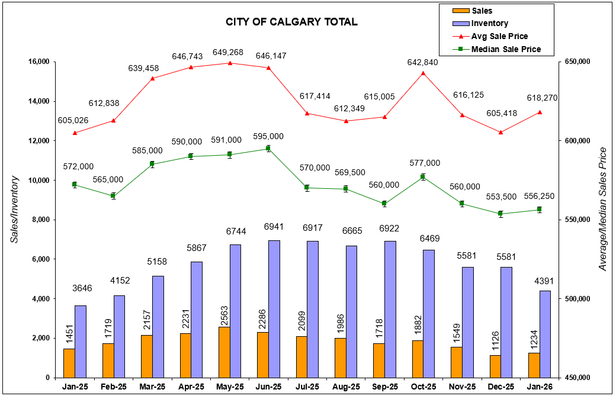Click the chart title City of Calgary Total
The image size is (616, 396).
(x=291, y=22)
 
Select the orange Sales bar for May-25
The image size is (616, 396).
(x=224, y=352)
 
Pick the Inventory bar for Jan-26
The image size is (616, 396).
(x=546, y=334)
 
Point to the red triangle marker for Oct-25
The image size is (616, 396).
(x=423, y=73)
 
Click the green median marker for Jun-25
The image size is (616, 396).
(x=268, y=149)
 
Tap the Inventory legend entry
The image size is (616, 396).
(x=489, y=24)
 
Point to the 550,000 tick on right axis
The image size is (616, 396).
(x=576, y=220)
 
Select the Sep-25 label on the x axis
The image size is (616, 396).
(x=384, y=387)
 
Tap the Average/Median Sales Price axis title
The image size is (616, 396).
(x=603, y=208)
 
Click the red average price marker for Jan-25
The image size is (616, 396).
(x=75, y=133)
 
